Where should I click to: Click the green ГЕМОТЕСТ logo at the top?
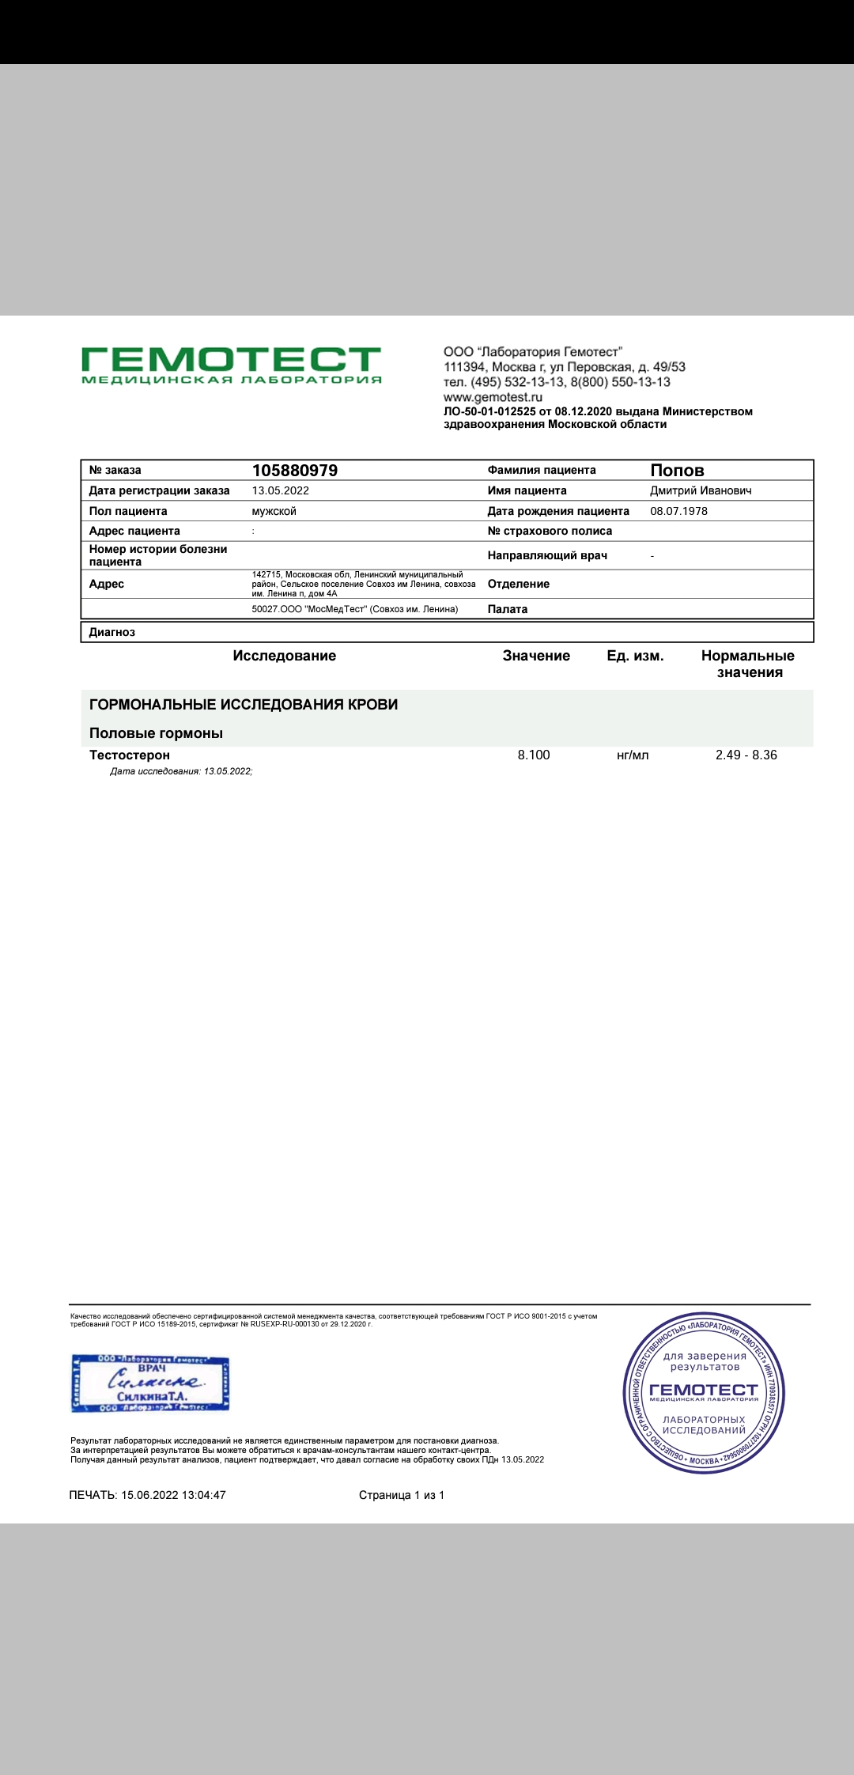pyautogui.click(x=231, y=365)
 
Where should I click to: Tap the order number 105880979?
pyautogui.click(x=294, y=471)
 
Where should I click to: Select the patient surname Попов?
pyautogui.click(x=677, y=471)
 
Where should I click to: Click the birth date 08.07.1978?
pyautogui.click(x=678, y=511)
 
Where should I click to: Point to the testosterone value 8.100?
pyautogui.click(x=534, y=755)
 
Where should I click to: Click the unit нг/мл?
pyautogui.click(x=633, y=755)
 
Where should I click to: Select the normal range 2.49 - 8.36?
pyautogui.click(x=746, y=755)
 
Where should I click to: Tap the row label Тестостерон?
pyautogui.click(x=130, y=755)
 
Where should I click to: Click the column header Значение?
pyautogui.click(x=536, y=656)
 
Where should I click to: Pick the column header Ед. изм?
pyautogui.click(x=635, y=656)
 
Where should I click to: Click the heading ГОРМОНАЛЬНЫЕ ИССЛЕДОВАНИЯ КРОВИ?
pyautogui.click(x=244, y=705)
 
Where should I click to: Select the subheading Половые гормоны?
pyautogui.click(x=156, y=733)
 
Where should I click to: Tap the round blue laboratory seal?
pyautogui.click(x=704, y=1393)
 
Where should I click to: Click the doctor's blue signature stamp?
pyautogui.click(x=150, y=1383)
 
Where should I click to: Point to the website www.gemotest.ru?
pyautogui.click(x=493, y=397)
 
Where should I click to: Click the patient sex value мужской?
pyautogui.click(x=274, y=511)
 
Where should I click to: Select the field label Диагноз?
pyautogui.click(x=112, y=632)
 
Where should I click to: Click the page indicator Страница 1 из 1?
pyautogui.click(x=402, y=1495)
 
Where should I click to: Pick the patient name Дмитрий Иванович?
pyautogui.click(x=701, y=490)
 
